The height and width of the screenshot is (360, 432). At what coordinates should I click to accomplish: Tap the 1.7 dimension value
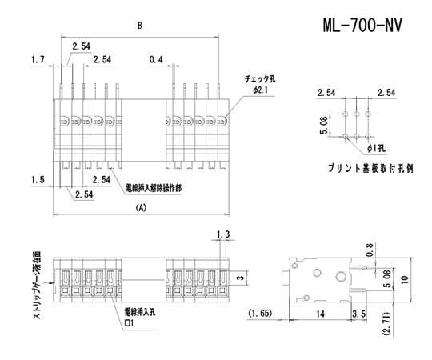pos(37,60)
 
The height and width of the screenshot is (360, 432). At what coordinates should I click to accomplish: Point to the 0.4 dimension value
pos(156,60)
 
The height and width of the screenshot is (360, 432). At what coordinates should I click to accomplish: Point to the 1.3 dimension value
pos(223,234)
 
